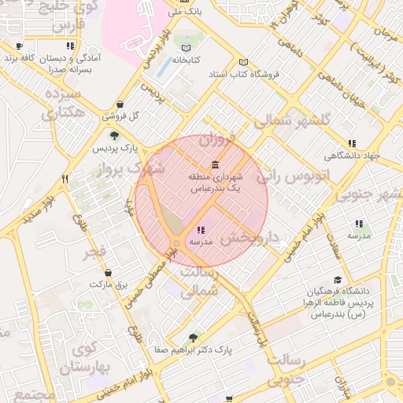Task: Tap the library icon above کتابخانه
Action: pyautogui.click(x=186, y=47)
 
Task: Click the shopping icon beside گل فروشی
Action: pyautogui.click(x=119, y=104)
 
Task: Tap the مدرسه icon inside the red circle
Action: pyautogui.click(x=201, y=230)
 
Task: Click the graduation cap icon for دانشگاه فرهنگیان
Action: pyautogui.click(x=338, y=279)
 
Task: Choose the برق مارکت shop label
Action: pyautogui.click(x=107, y=283)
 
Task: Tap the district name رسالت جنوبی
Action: pyautogui.click(x=297, y=370)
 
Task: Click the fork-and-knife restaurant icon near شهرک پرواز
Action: pyautogui.click(x=65, y=179)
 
